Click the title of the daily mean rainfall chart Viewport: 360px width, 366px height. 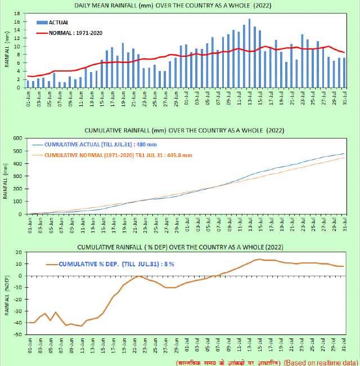180,6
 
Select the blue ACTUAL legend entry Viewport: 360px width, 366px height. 56,22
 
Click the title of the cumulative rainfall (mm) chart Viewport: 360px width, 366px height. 180,130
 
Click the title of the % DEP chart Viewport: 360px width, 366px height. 180,247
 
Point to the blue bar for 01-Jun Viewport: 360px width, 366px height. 28,84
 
